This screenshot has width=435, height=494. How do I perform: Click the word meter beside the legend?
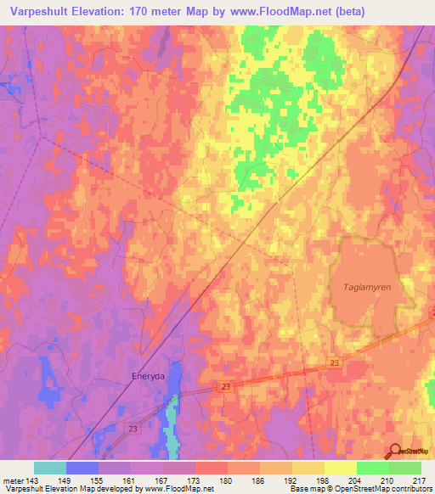pos(13,480)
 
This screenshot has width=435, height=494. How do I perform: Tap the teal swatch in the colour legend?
pos(50,468)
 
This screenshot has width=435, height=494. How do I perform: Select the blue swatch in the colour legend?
pos(82,468)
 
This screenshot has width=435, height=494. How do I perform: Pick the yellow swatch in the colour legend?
pos(340,468)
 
